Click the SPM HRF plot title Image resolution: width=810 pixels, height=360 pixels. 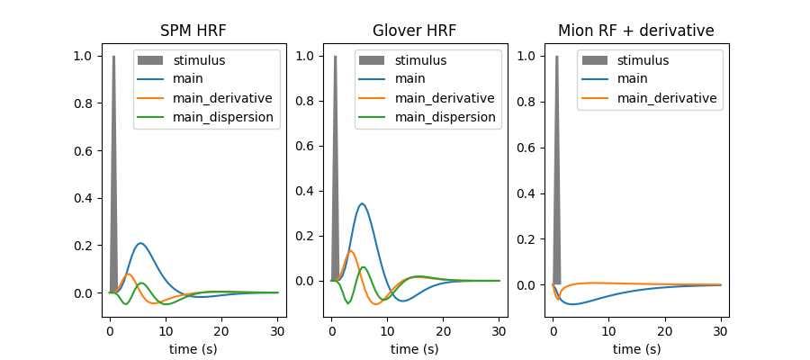pyautogui.click(x=193, y=31)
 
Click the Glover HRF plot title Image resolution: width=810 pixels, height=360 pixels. pyautogui.click(x=415, y=31)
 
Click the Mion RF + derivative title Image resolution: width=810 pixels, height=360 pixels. pyautogui.click(x=636, y=31)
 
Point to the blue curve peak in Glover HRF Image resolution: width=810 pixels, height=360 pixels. pyautogui.click(x=362, y=203)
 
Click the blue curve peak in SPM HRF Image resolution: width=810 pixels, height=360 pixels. pyautogui.click(x=140, y=243)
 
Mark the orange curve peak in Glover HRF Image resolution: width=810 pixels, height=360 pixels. pyautogui.click(x=350, y=251)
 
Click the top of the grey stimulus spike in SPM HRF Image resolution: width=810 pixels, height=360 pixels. pyautogui.click(x=113, y=56)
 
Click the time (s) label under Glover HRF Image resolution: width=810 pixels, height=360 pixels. pyautogui.click(x=415, y=348)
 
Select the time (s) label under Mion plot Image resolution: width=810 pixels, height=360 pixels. pyautogui.click(x=636, y=348)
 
